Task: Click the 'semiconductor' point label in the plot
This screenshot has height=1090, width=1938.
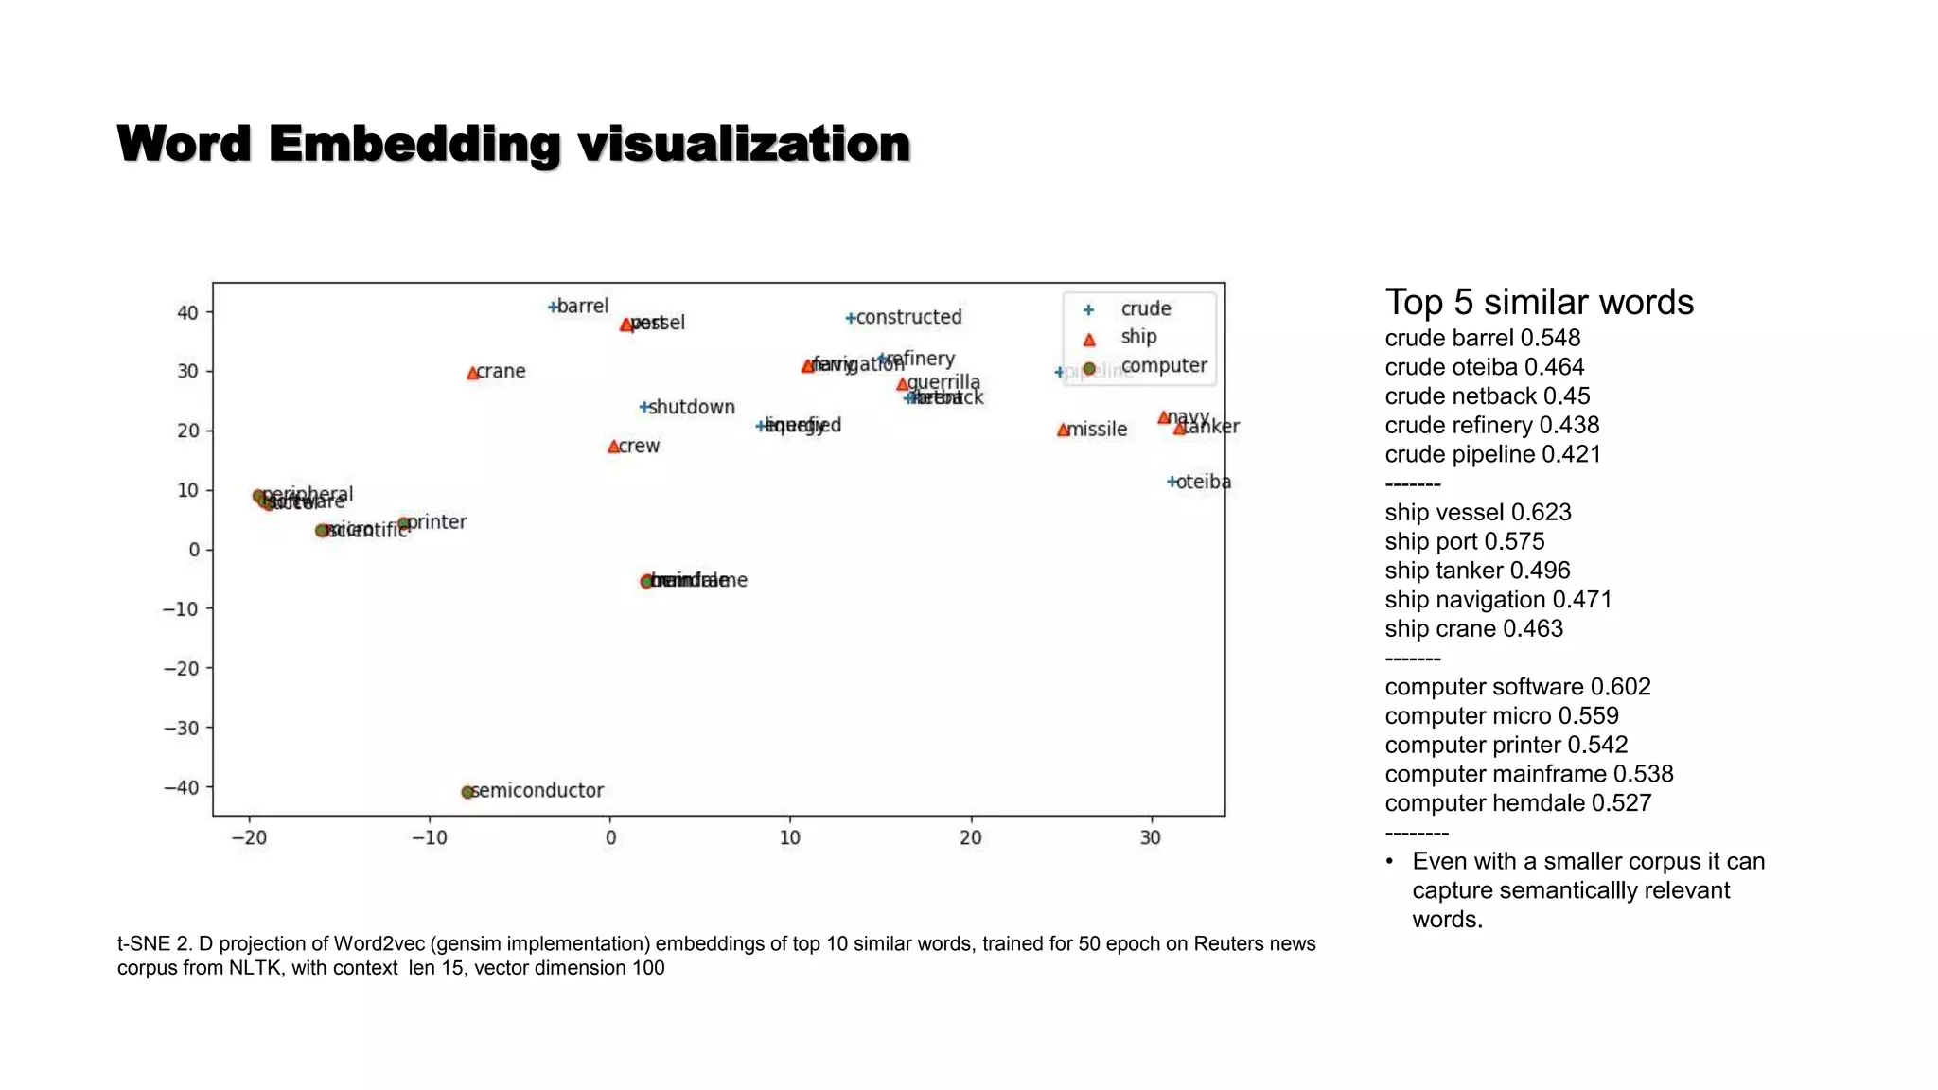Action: [537, 790]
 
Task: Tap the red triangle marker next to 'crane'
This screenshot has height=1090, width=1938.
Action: [472, 374]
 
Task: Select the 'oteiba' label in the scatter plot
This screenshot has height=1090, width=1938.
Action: [1204, 482]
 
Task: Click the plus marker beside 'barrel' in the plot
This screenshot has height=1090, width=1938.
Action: [553, 307]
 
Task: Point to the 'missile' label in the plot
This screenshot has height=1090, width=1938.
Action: [1098, 430]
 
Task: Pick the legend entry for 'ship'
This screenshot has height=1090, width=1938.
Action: [1138, 337]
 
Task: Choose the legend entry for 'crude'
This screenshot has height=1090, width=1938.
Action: [1145, 308]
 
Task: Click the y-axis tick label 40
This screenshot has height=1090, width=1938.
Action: [187, 313]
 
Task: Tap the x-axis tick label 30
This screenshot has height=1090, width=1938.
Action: [1150, 837]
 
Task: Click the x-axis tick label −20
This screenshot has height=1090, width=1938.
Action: [249, 837]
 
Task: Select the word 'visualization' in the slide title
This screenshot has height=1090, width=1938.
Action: [744, 144]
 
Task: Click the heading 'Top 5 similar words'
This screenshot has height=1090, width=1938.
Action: [1539, 303]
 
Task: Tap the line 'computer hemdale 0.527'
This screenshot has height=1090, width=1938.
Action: [1518, 803]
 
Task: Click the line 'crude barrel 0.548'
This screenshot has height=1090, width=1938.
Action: [1482, 338]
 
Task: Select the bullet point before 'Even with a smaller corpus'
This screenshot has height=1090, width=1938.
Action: [1389, 862]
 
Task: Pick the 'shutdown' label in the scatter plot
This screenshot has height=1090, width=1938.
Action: [692, 407]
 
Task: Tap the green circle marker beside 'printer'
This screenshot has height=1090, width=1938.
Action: [404, 524]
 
